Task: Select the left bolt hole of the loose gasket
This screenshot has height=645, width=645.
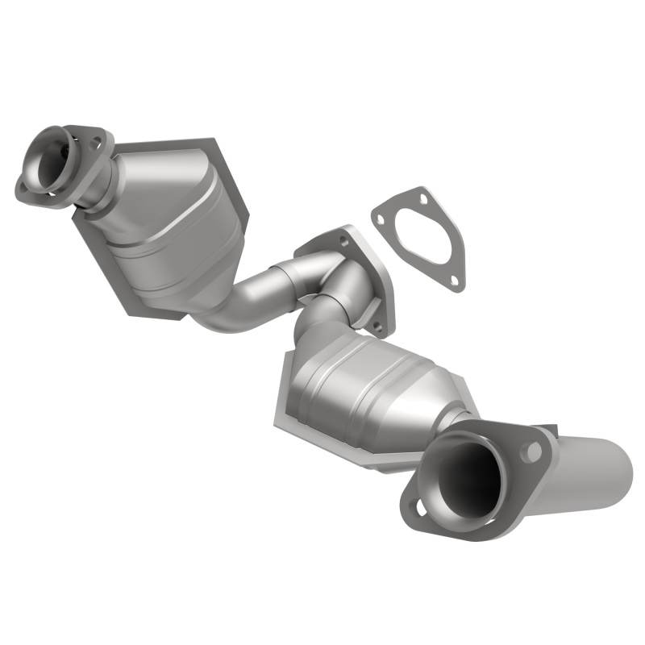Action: coord(380,216)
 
